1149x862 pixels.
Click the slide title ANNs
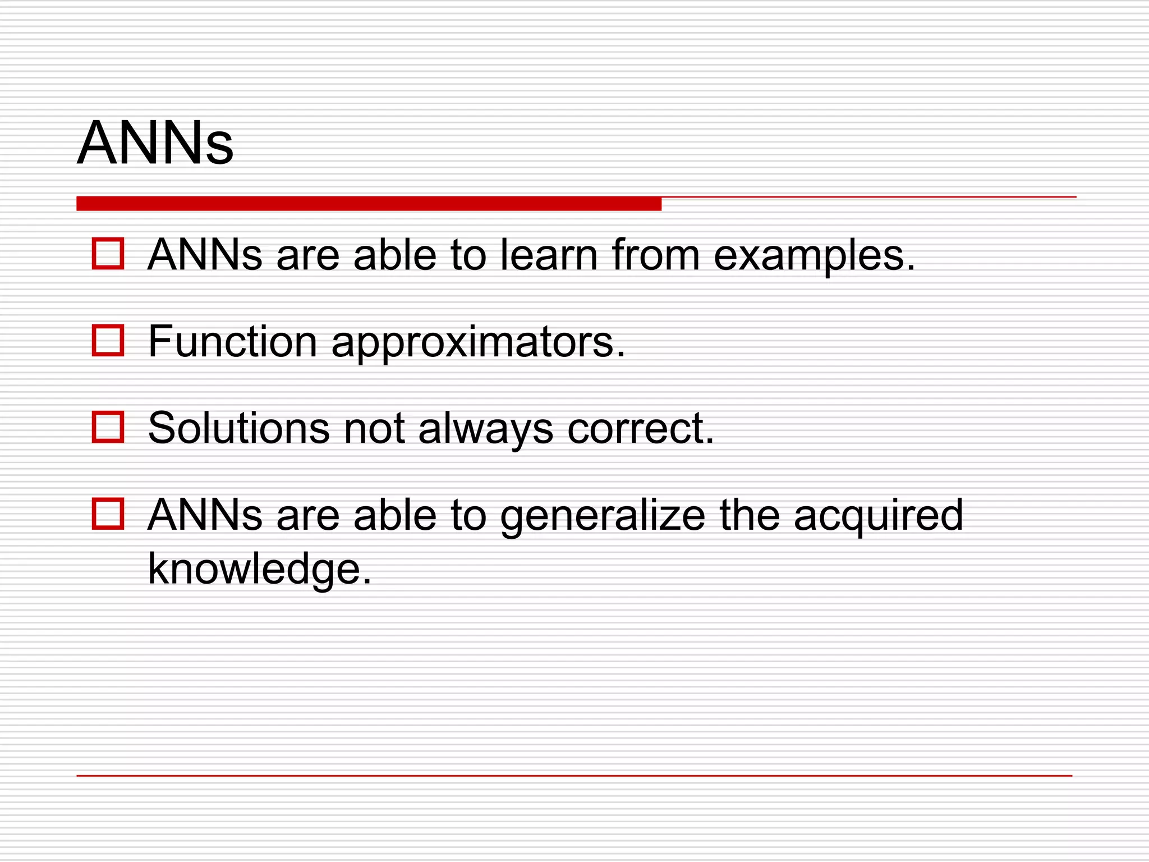(x=155, y=143)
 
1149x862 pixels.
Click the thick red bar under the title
(x=369, y=204)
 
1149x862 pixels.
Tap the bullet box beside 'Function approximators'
(x=108, y=341)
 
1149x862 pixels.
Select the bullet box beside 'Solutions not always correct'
(x=108, y=427)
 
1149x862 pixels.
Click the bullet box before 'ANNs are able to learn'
(x=108, y=254)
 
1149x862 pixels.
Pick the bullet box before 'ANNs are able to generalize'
(x=108, y=513)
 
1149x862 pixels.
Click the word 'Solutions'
(x=238, y=428)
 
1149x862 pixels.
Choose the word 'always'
(x=486, y=429)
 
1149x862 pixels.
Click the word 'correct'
(x=640, y=428)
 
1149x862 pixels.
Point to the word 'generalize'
(x=603, y=516)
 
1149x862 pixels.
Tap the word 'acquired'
(x=878, y=516)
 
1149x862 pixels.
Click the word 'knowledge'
(x=259, y=569)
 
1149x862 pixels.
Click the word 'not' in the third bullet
(x=374, y=428)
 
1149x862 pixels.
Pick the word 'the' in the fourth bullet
(x=750, y=515)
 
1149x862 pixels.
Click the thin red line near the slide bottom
(x=574, y=776)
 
